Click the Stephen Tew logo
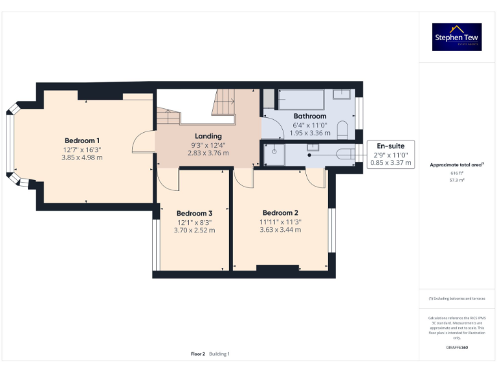[x=457, y=37]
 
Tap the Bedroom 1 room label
[x=82, y=141]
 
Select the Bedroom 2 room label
[x=280, y=212]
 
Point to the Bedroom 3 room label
[x=194, y=213]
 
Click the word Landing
[x=208, y=136]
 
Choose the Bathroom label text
[x=309, y=117]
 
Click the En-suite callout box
[x=390, y=155]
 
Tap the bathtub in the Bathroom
[x=300, y=99]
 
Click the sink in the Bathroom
[x=341, y=94]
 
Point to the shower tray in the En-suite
[x=274, y=155]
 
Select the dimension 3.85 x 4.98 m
[x=82, y=157]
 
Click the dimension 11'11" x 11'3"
[x=280, y=221]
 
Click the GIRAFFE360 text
[x=457, y=348]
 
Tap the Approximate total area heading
[x=457, y=165]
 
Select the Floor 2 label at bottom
[x=198, y=354]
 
